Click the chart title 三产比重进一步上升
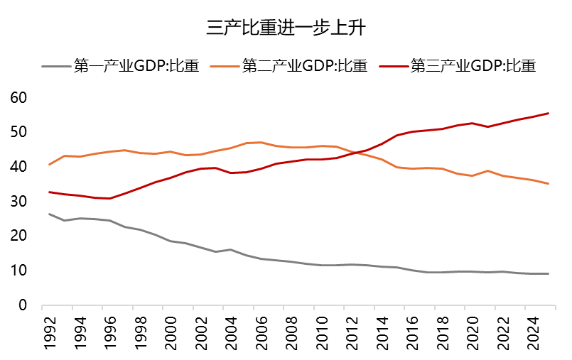[286, 28]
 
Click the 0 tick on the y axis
[22, 305]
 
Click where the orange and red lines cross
[357, 152]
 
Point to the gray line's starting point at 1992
[49, 214]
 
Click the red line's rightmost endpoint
[548, 113]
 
